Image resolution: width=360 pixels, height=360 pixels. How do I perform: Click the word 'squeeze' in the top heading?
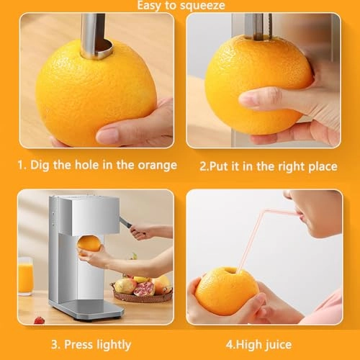(203, 6)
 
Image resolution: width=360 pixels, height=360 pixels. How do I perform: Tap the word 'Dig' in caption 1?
(41, 165)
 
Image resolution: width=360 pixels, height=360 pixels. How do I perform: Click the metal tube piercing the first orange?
(92, 36)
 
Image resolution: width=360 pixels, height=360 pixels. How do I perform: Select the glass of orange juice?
(25, 277)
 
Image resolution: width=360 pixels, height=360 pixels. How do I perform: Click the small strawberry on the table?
(39, 320)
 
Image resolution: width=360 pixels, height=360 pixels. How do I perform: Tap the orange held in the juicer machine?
(89, 243)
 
